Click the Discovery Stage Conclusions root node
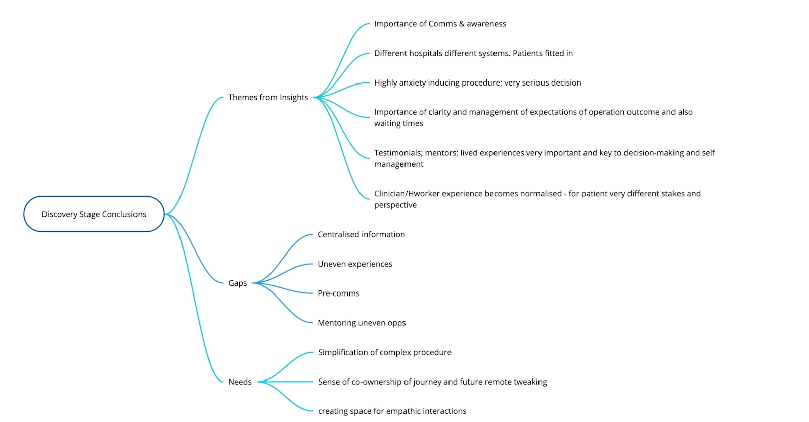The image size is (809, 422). [x=94, y=214]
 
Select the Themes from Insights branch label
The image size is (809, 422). [x=268, y=97]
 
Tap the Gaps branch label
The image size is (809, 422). [x=237, y=283]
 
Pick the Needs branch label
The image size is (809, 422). [x=240, y=382]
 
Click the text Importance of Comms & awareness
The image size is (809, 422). [x=440, y=24]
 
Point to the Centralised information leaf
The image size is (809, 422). [x=361, y=235]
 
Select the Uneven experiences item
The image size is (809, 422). [x=354, y=264]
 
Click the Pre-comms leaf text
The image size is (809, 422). [x=338, y=293]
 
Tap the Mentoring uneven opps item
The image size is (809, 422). [x=362, y=323]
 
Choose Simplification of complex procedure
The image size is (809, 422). [x=384, y=353]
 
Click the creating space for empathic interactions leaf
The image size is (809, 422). [x=392, y=411]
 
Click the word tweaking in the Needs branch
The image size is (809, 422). [x=530, y=382]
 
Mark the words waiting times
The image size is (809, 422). [x=398, y=123]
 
